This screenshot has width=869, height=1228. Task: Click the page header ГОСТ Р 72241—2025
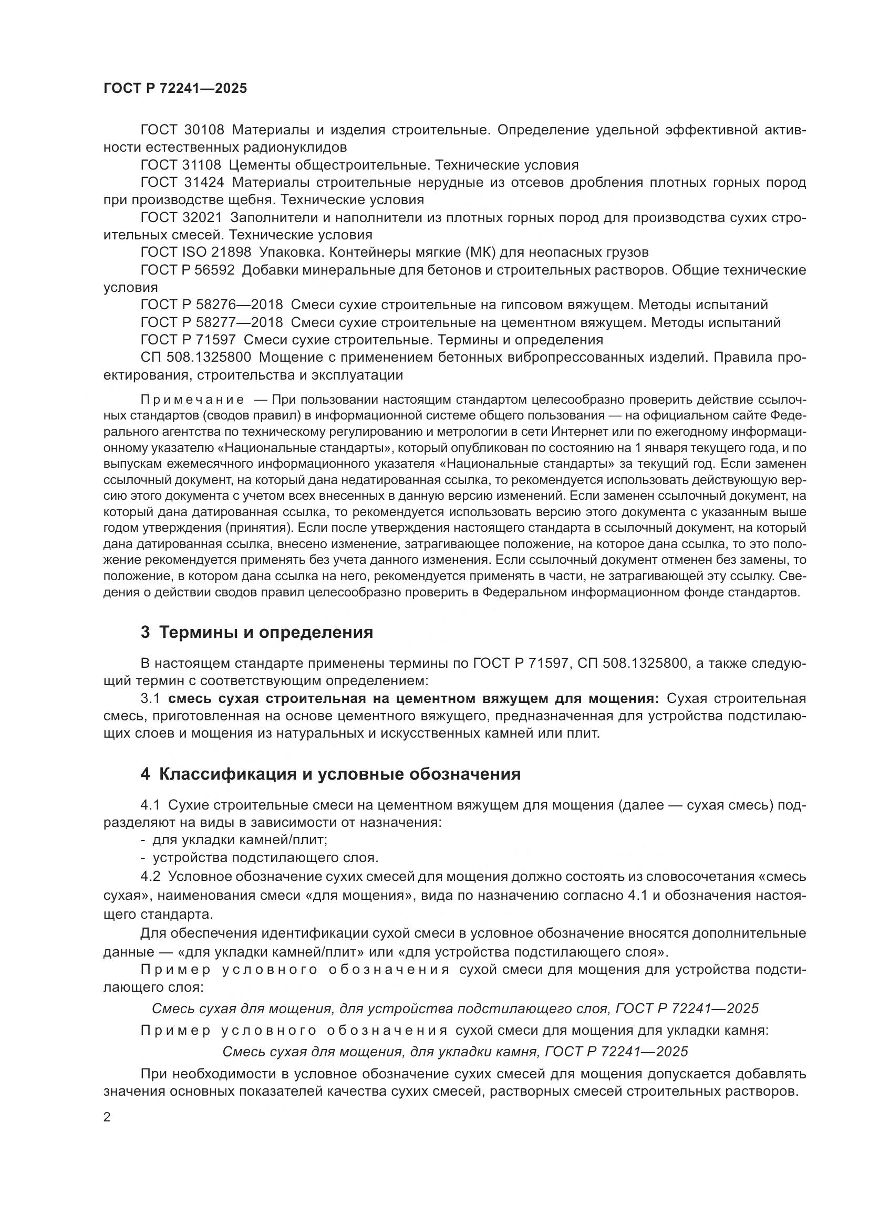tap(175, 88)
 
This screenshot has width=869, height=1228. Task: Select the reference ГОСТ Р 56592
tap(187, 269)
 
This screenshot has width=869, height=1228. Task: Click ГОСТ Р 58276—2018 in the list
tap(211, 305)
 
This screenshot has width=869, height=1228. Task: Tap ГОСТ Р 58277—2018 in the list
tap(211, 322)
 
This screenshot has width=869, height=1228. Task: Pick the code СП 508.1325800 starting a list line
tap(196, 356)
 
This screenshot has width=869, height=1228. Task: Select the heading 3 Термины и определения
tap(257, 632)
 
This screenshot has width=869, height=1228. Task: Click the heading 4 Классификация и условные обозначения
tap(330, 774)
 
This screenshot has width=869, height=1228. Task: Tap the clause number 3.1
tap(150, 698)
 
